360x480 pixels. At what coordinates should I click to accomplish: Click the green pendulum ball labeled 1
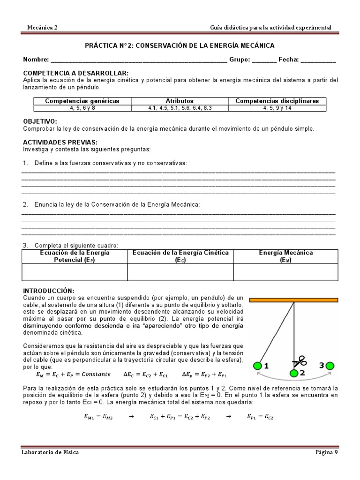pyautogui.click(x=257, y=366)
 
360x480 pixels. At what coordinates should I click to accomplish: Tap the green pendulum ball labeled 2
pyautogui.click(x=294, y=373)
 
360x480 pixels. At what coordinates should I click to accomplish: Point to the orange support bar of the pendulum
pyautogui.click(x=293, y=299)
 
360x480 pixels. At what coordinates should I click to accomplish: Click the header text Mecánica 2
pyautogui.click(x=42, y=28)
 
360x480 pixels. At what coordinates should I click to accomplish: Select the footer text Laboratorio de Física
pyautogui.click(x=50, y=452)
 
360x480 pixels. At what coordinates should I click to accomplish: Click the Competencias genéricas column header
pyautogui.click(x=82, y=101)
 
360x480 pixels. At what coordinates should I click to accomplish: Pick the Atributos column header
pyautogui.click(x=180, y=101)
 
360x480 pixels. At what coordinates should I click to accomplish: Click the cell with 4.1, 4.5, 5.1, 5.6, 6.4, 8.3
pyautogui.click(x=180, y=107)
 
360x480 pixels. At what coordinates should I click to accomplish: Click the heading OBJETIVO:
pyautogui.click(x=40, y=121)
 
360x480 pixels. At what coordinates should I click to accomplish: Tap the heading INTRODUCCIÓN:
pyautogui.click(x=49, y=291)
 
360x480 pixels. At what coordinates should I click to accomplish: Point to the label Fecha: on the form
pyautogui.click(x=288, y=60)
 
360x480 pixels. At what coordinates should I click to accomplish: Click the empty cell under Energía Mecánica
pyautogui.click(x=285, y=272)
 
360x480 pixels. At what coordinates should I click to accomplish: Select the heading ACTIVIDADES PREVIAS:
pyautogui.click(x=60, y=142)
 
